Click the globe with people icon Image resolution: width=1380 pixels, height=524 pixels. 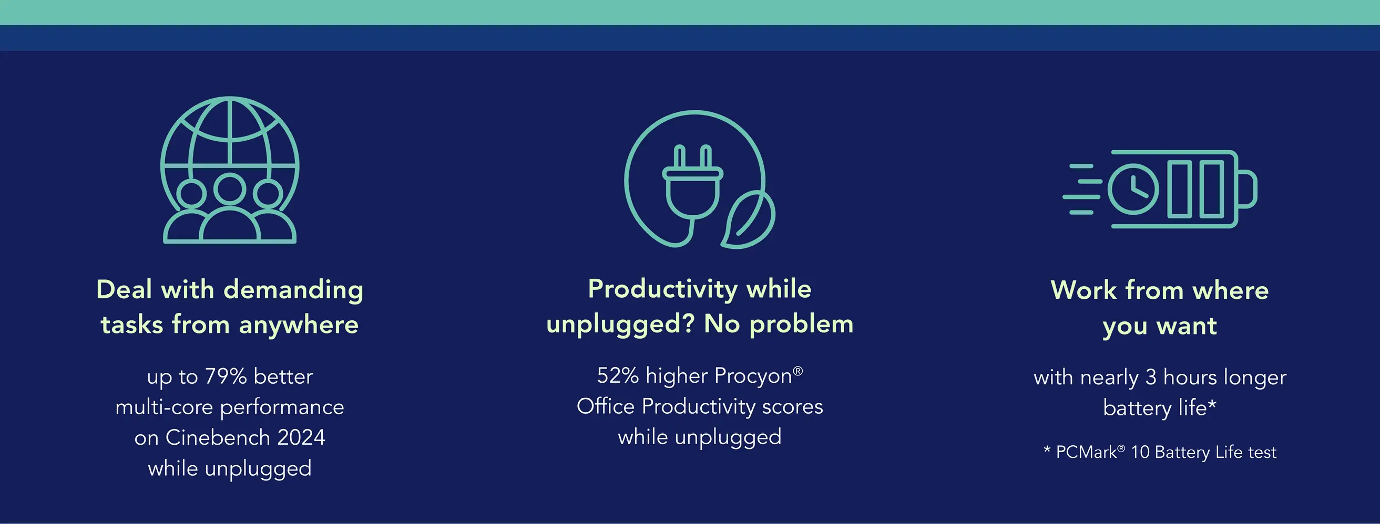pos(230,170)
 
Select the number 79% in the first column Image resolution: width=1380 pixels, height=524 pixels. pos(226,377)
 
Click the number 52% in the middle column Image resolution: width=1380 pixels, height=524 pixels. pos(618,376)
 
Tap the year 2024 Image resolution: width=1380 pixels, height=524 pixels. pos(301,438)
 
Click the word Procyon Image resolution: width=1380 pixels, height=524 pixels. pos(753,376)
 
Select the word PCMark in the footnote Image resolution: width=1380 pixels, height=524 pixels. pos(1086,453)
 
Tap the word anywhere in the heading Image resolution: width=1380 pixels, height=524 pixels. pos(299,325)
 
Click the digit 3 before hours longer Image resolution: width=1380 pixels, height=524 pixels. pos(1151,378)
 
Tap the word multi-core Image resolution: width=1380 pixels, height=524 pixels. pos(164,407)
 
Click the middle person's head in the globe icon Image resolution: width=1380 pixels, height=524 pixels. pos(230,189)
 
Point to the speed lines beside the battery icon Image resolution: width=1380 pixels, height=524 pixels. pos(1082,189)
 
